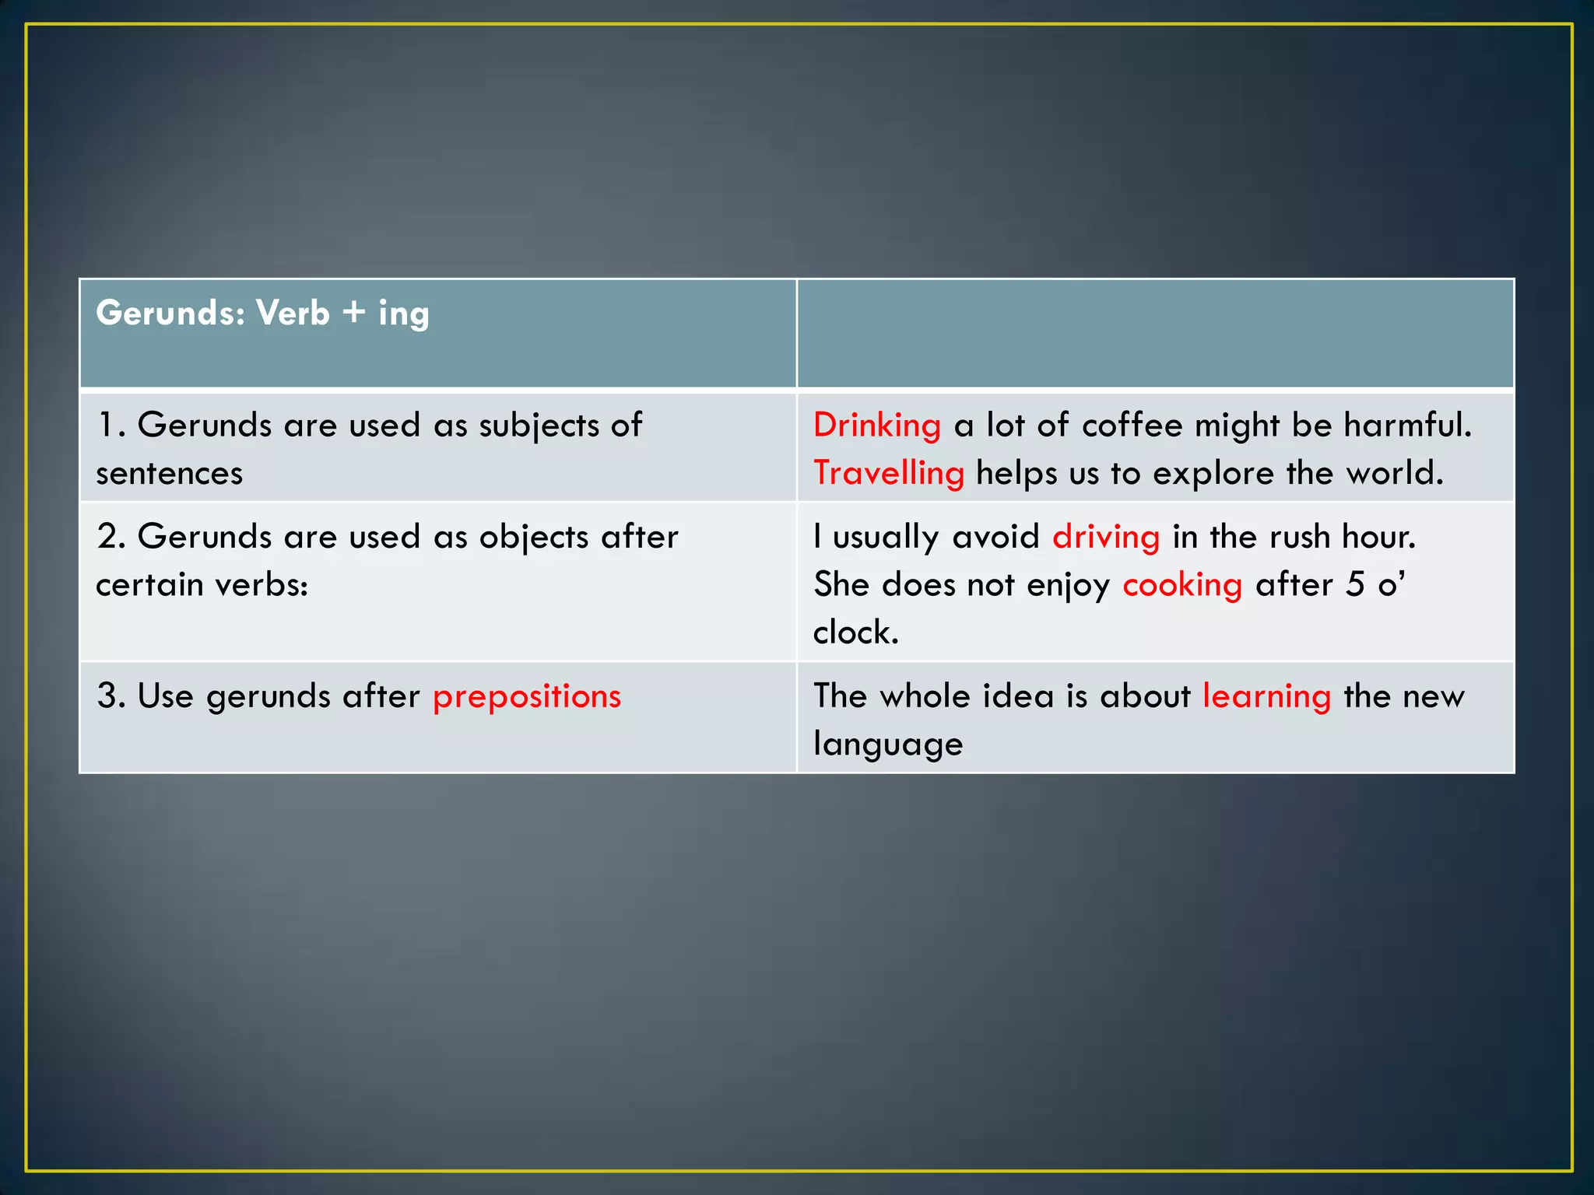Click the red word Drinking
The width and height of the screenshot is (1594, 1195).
tap(877, 426)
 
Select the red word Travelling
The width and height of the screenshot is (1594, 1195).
tap(889, 473)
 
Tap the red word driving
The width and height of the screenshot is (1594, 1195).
tap(1106, 538)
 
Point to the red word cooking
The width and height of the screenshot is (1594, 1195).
tap(1182, 585)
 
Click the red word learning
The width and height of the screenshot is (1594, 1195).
tap(1266, 696)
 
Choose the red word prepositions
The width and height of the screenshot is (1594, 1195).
tap(527, 696)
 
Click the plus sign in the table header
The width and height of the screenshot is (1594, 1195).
tap(353, 313)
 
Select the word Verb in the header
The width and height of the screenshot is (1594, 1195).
tap(293, 313)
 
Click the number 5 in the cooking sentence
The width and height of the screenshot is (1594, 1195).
tap(1355, 584)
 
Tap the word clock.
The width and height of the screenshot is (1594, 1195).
tap(855, 633)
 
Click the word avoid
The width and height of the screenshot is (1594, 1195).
tap(995, 538)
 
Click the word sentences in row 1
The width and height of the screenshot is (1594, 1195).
tap(170, 474)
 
